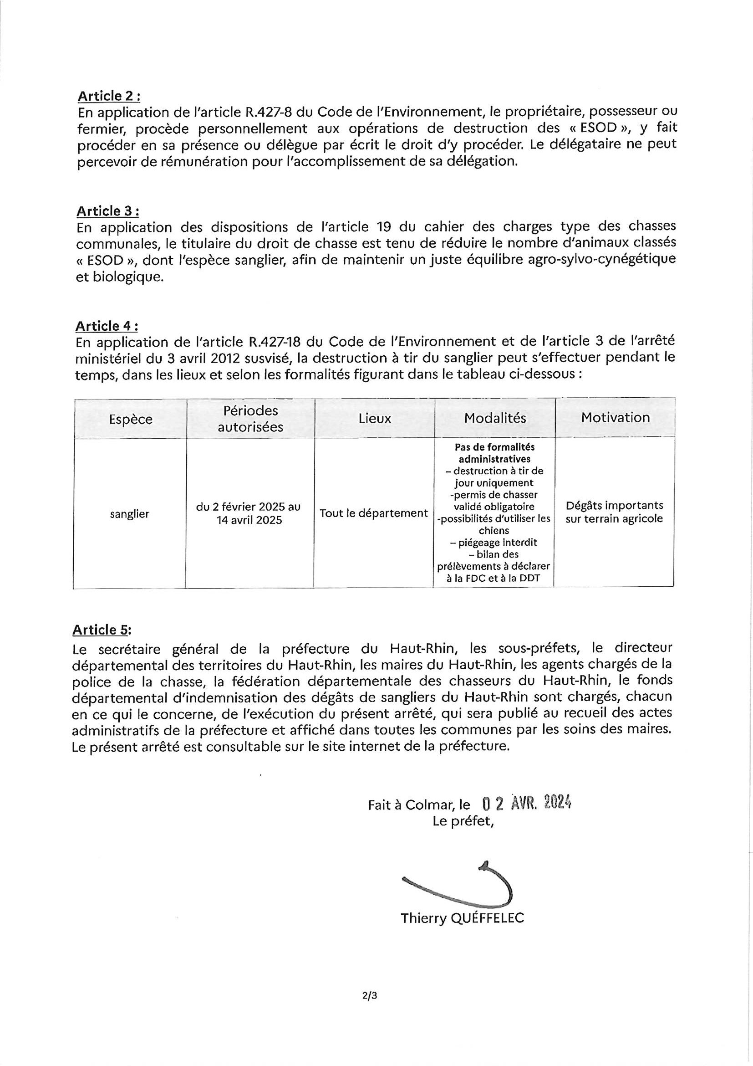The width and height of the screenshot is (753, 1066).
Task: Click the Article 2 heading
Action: point(108,96)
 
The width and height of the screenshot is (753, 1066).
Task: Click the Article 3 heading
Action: point(107,211)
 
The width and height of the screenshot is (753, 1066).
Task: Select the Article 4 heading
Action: point(107,326)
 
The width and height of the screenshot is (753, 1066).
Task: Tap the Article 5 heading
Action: point(102,630)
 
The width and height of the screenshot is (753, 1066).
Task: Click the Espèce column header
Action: point(130,419)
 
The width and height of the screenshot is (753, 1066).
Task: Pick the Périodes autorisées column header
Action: point(250,419)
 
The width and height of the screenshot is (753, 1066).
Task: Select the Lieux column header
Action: point(375,419)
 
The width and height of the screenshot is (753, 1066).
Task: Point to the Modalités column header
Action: point(495,418)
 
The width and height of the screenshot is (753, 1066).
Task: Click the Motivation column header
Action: point(615,417)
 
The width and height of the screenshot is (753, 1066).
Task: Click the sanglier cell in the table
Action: point(129,514)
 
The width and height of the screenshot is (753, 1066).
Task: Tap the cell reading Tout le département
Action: point(374,513)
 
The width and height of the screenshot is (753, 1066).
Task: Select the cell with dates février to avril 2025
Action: point(249,513)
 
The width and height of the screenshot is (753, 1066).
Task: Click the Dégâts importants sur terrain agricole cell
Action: point(614,512)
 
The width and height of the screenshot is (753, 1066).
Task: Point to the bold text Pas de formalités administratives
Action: point(494,453)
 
